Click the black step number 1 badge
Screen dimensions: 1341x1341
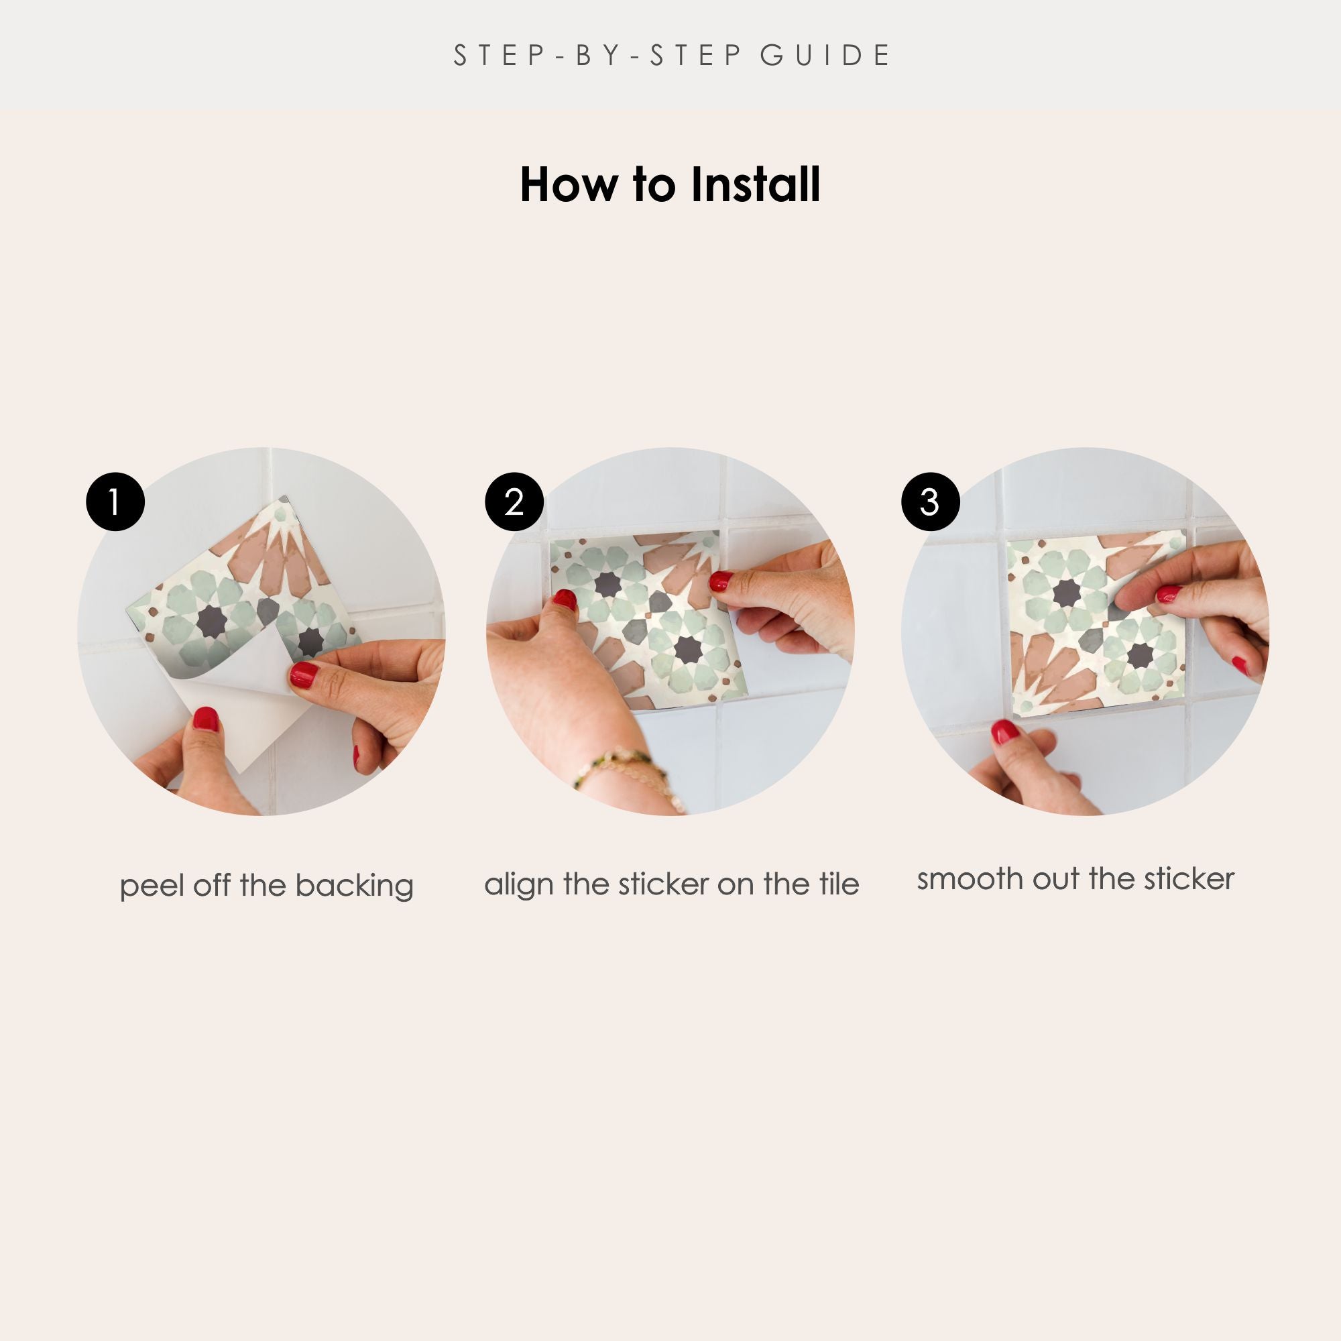tap(115, 502)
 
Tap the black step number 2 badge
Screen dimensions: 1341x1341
tap(514, 502)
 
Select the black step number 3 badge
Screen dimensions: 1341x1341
tap(930, 502)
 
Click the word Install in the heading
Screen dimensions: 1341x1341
tap(756, 185)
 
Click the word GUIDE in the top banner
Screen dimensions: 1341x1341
tap(825, 56)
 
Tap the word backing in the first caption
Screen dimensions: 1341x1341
tap(354, 886)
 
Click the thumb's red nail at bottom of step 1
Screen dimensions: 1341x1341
tap(205, 719)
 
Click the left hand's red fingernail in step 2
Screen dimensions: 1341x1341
tap(565, 599)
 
